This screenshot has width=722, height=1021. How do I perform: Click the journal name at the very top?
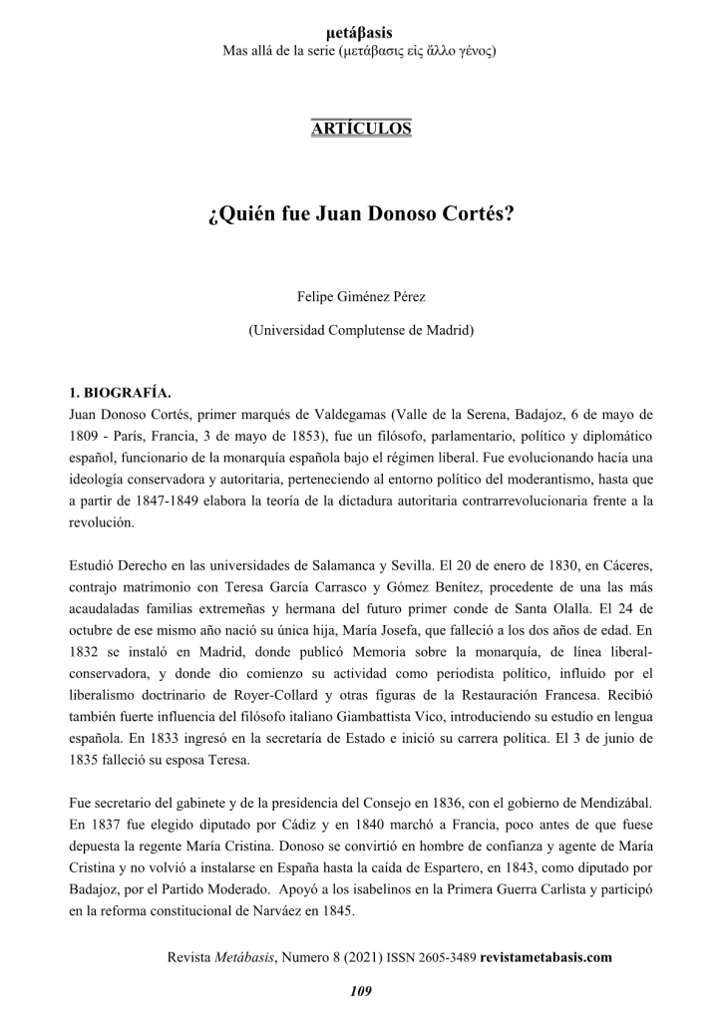click(360, 34)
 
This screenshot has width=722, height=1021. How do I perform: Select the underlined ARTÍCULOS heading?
click(360, 128)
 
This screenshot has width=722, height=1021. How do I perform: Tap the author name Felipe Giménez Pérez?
click(360, 296)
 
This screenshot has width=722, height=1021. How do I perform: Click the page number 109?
click(360, 990)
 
